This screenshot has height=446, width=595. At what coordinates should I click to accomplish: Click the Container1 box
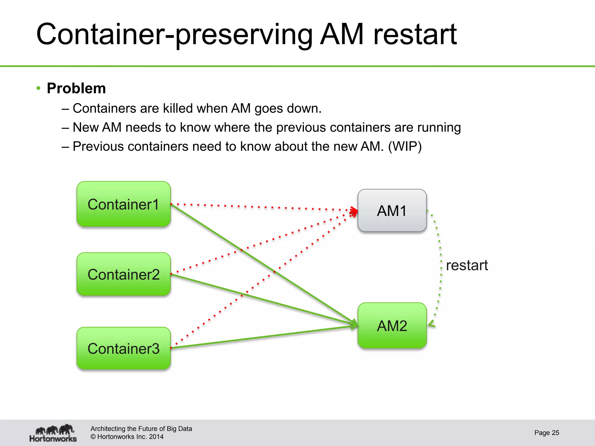click(x=123, y=204)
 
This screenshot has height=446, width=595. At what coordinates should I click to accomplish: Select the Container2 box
click(x=123, y=274)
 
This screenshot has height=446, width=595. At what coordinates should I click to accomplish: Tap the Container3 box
click(x=123, y=348)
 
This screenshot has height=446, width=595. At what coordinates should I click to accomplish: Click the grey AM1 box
click(x=392, y=211)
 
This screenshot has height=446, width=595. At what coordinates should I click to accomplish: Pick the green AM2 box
click(x=392, y=325)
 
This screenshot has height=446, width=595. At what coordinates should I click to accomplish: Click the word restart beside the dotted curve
click(x=467, y=265)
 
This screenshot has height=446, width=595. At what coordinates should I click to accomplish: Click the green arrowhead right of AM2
click(x=431, y=324)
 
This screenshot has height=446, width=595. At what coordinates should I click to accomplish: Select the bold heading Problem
click(x=76, y=88)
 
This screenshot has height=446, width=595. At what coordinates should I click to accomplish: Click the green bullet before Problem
click(x=38, y=88)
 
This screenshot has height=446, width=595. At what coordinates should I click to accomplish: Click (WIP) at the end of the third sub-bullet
click(x=405, y=146)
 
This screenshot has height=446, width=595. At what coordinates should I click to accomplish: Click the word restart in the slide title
click(x=415, y=35)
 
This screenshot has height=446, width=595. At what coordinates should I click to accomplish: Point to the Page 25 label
click(x=546, y=433)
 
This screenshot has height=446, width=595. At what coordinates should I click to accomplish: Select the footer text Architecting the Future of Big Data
click(x=141, y=429)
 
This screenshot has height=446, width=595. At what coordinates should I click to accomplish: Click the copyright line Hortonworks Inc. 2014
click(x=127, y=437)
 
